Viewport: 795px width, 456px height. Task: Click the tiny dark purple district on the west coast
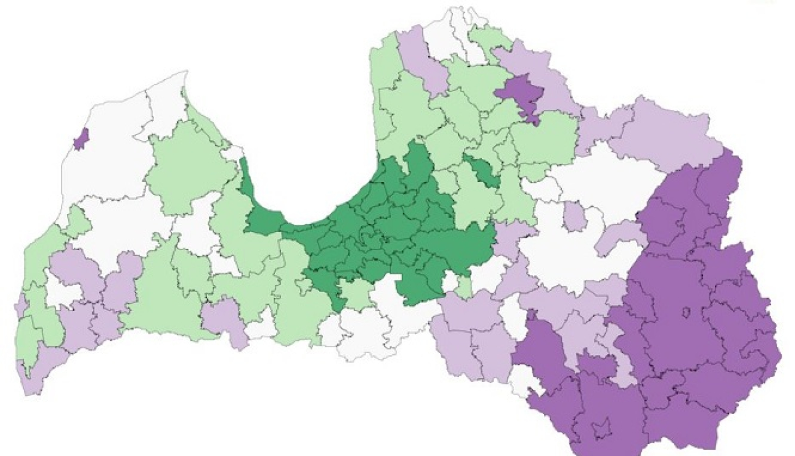81,140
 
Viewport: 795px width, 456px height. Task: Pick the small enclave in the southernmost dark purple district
601,427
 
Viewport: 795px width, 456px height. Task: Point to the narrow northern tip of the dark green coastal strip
243,170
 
